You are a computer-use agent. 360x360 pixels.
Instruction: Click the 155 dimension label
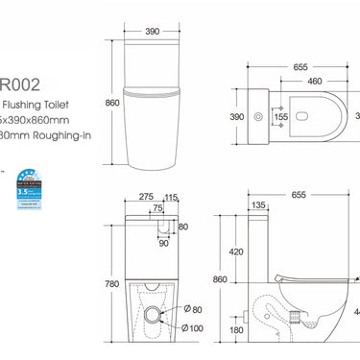(x=281, y=116)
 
